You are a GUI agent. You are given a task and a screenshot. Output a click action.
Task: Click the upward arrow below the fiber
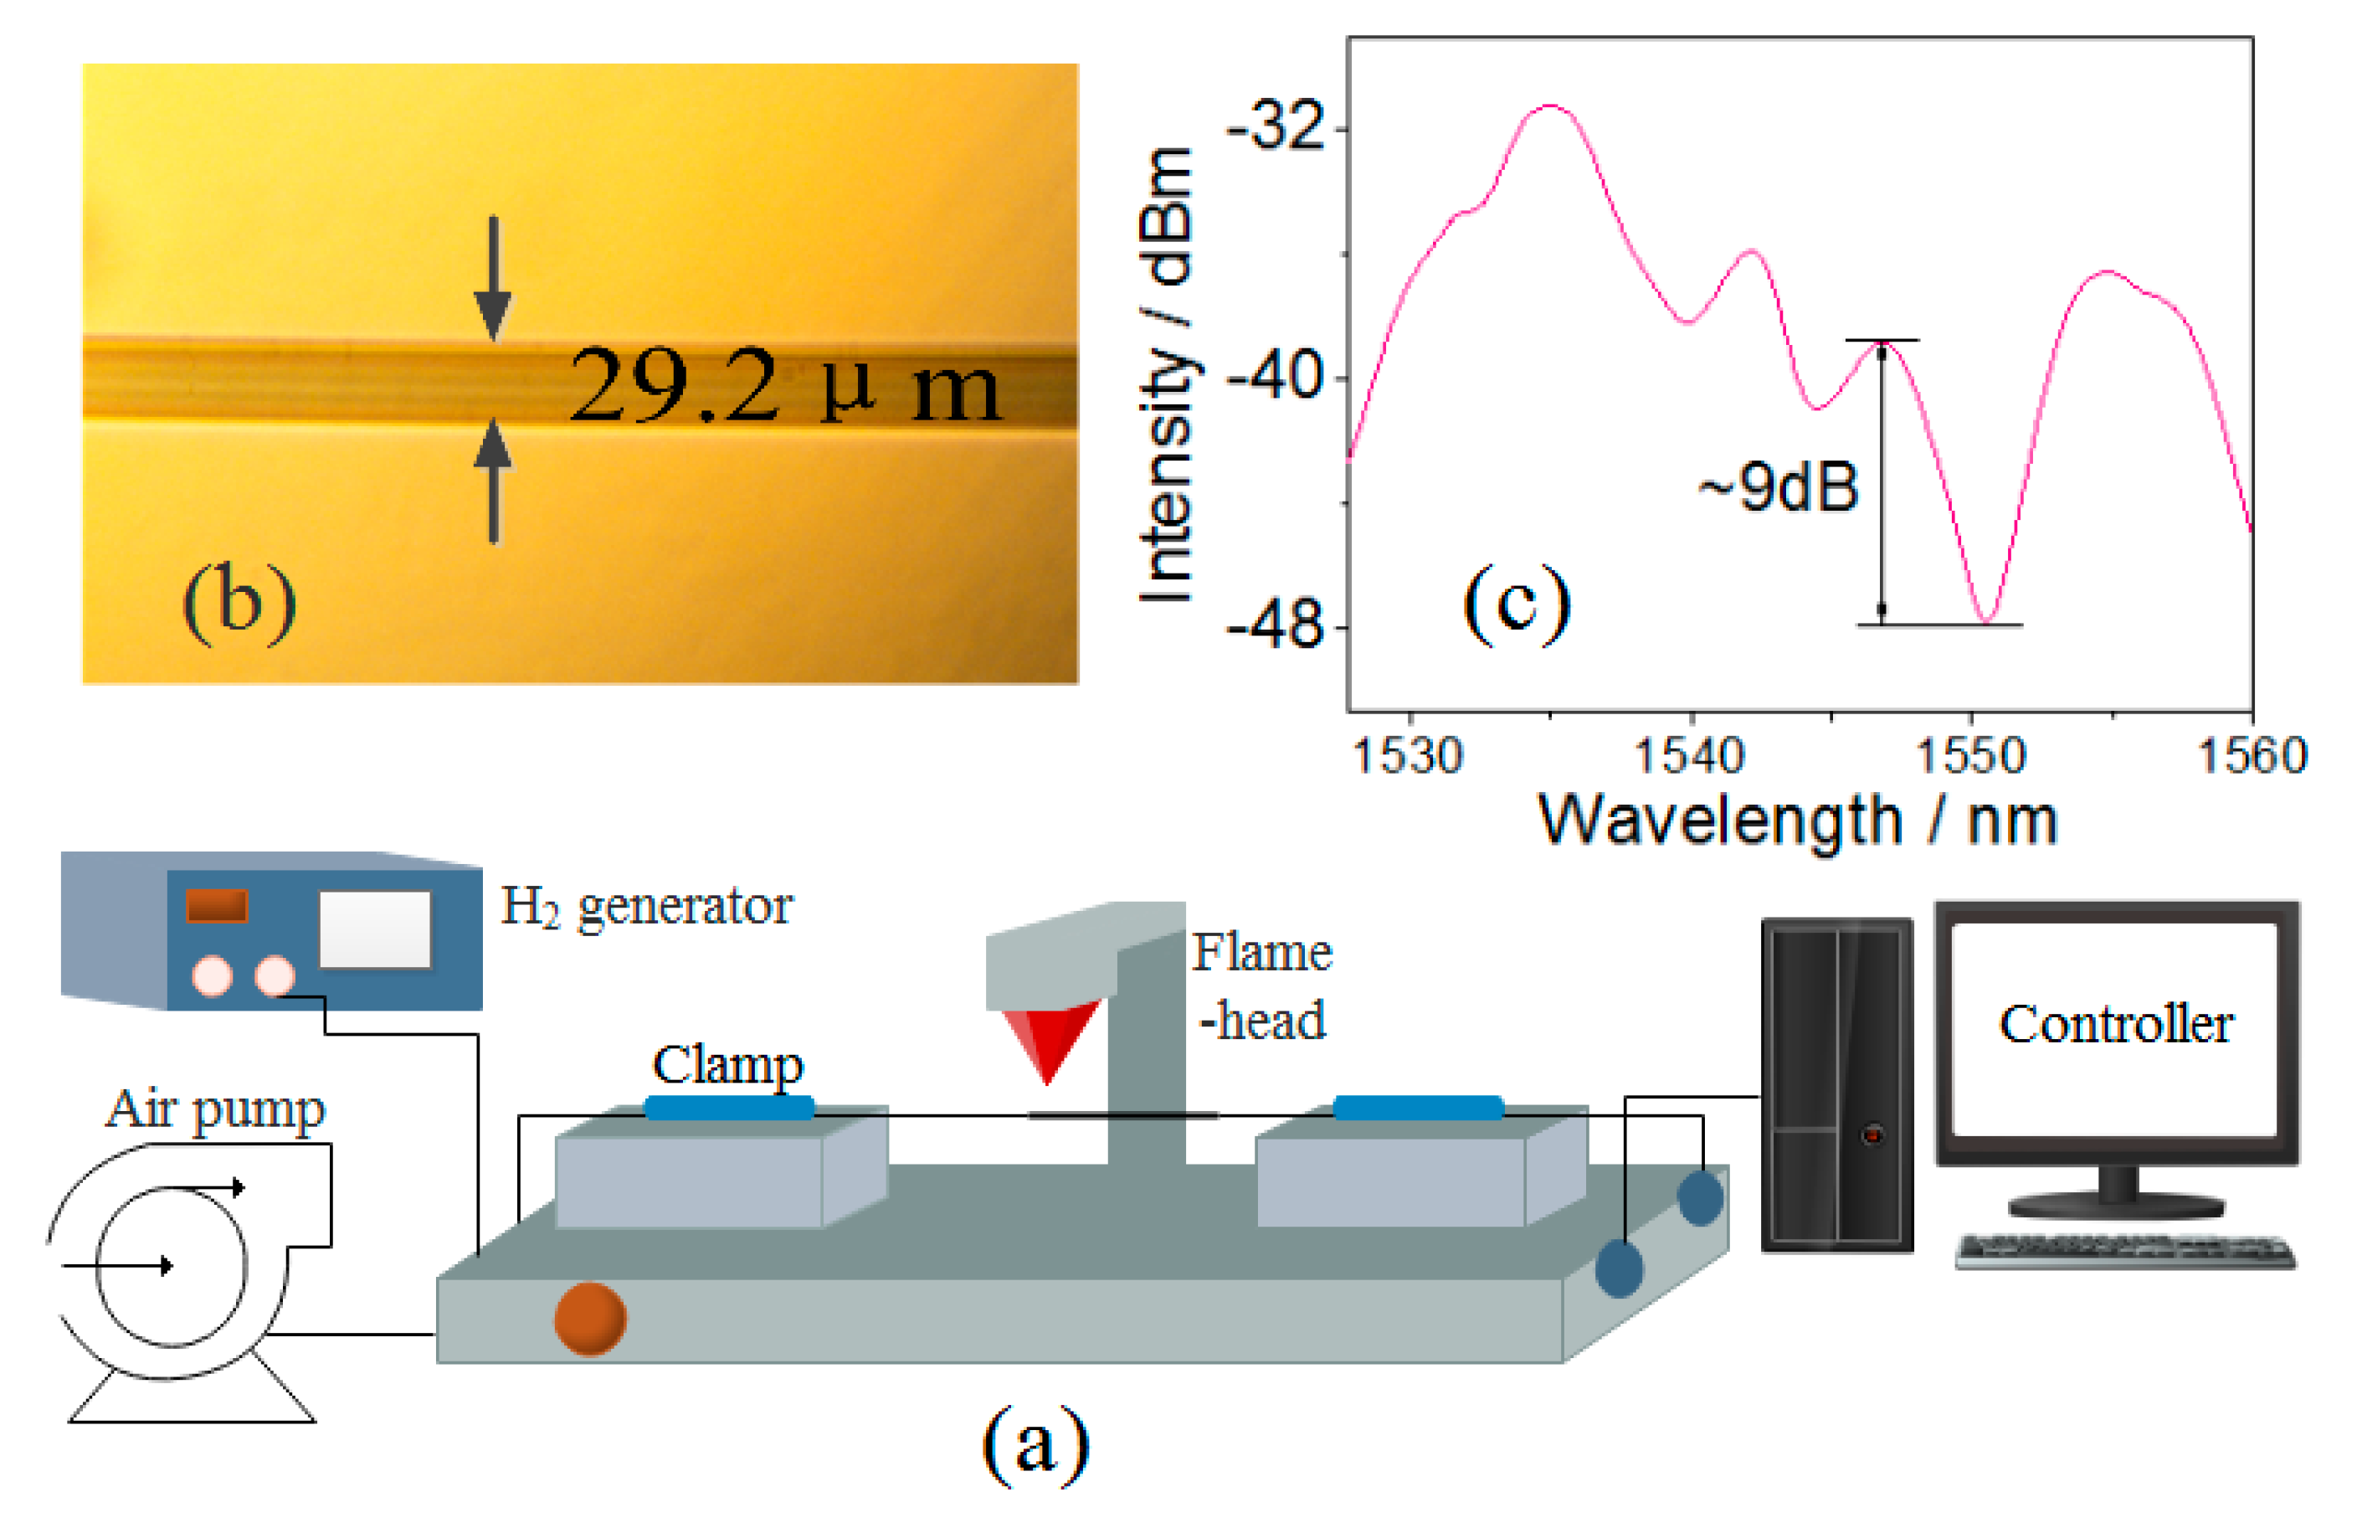coord(492,481)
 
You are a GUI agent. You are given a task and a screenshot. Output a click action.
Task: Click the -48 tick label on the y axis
coord(1276,626)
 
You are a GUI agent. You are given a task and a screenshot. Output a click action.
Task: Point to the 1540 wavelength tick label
coord(1690,757)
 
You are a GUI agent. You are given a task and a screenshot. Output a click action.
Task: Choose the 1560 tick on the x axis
coord(2252,757)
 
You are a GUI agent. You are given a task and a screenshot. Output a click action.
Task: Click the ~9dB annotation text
coord(1779,487)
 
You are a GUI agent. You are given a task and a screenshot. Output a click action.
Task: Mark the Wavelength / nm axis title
coord(1798,821)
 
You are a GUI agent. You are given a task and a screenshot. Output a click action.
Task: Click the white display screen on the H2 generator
coord(375,929)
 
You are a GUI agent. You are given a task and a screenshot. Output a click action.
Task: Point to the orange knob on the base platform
coord(590,1318)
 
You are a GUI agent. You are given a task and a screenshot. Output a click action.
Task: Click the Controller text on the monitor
coord(2116,1025)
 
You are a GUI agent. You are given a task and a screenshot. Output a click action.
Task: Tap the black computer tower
coord(1836,1085)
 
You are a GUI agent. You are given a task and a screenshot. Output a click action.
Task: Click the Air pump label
coord(216,1109)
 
